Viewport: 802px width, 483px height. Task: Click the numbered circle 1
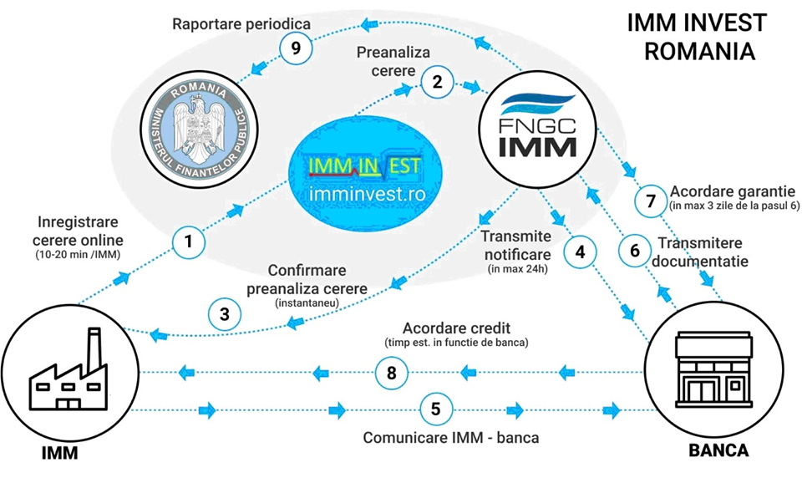click(x=190, y=242)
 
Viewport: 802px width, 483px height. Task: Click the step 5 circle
click(x=435, y=409)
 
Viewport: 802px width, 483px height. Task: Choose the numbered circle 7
click(x=651, y=201)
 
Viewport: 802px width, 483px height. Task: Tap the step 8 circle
click(x=393, y=371)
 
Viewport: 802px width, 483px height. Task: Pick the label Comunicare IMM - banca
click(x=451, y=437)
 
